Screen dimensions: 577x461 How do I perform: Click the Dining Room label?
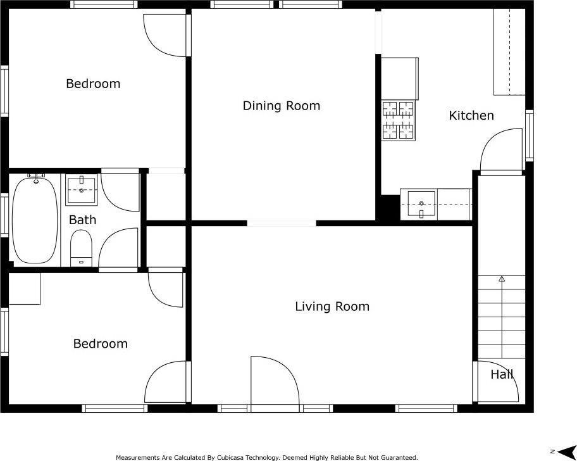pos(281,106)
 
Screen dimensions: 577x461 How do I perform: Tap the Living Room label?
pos(332,306)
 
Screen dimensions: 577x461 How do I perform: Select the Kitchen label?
pos(471,116)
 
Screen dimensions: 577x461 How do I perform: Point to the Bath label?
pos(82,220)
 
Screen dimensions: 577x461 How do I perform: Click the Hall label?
pos(502,374)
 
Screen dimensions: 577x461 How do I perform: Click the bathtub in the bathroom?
pos(35,220)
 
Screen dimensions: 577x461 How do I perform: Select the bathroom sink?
pos(82,190)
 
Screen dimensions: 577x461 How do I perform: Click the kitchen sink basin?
pos(421,205)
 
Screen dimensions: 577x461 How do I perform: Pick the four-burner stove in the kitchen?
pos(399,120)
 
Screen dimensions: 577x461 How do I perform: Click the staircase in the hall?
pos(501,317)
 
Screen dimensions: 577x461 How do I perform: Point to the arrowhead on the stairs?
pos(502,279)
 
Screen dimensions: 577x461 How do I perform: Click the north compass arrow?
pos(566,451)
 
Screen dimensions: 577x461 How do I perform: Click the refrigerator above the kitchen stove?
pos(400,79)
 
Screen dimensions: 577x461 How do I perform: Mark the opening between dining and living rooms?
pos(282,223)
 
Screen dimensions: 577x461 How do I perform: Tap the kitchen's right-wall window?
pos(530,136)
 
